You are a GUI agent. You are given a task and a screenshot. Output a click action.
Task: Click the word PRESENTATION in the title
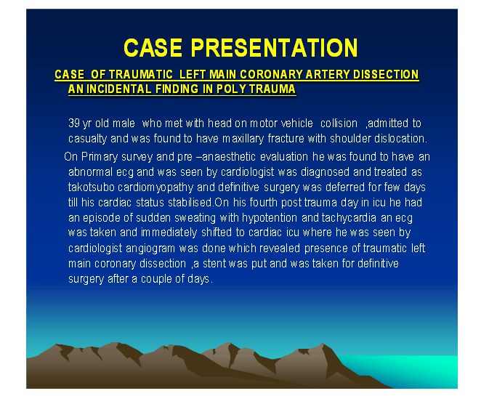point(274,48)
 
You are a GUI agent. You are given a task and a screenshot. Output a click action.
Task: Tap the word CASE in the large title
point(153,48)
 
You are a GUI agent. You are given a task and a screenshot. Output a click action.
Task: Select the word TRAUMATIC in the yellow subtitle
point(141,75)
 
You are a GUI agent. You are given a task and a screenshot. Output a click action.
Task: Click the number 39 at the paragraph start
point(74,124)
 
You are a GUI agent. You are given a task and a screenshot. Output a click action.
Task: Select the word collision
point(339,124)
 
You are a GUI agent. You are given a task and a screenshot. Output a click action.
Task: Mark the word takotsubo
point(92,187)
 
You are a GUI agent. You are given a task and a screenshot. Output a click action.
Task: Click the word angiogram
point(150,248)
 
